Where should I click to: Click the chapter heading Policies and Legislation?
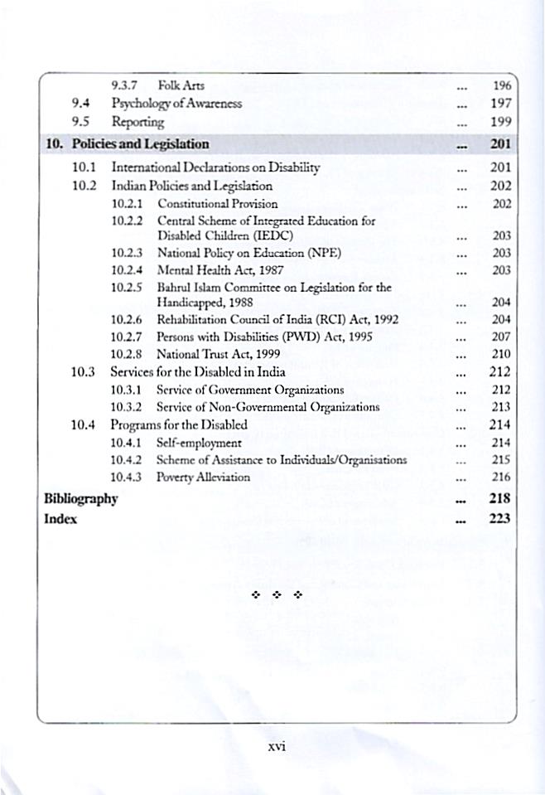(x=140, y=143)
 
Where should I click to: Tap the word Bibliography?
(x=80, y=498)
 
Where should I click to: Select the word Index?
(x=60, y=518)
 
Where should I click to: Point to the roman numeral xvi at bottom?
(x=277, y=745)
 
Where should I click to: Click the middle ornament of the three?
(x=277, y=595)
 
